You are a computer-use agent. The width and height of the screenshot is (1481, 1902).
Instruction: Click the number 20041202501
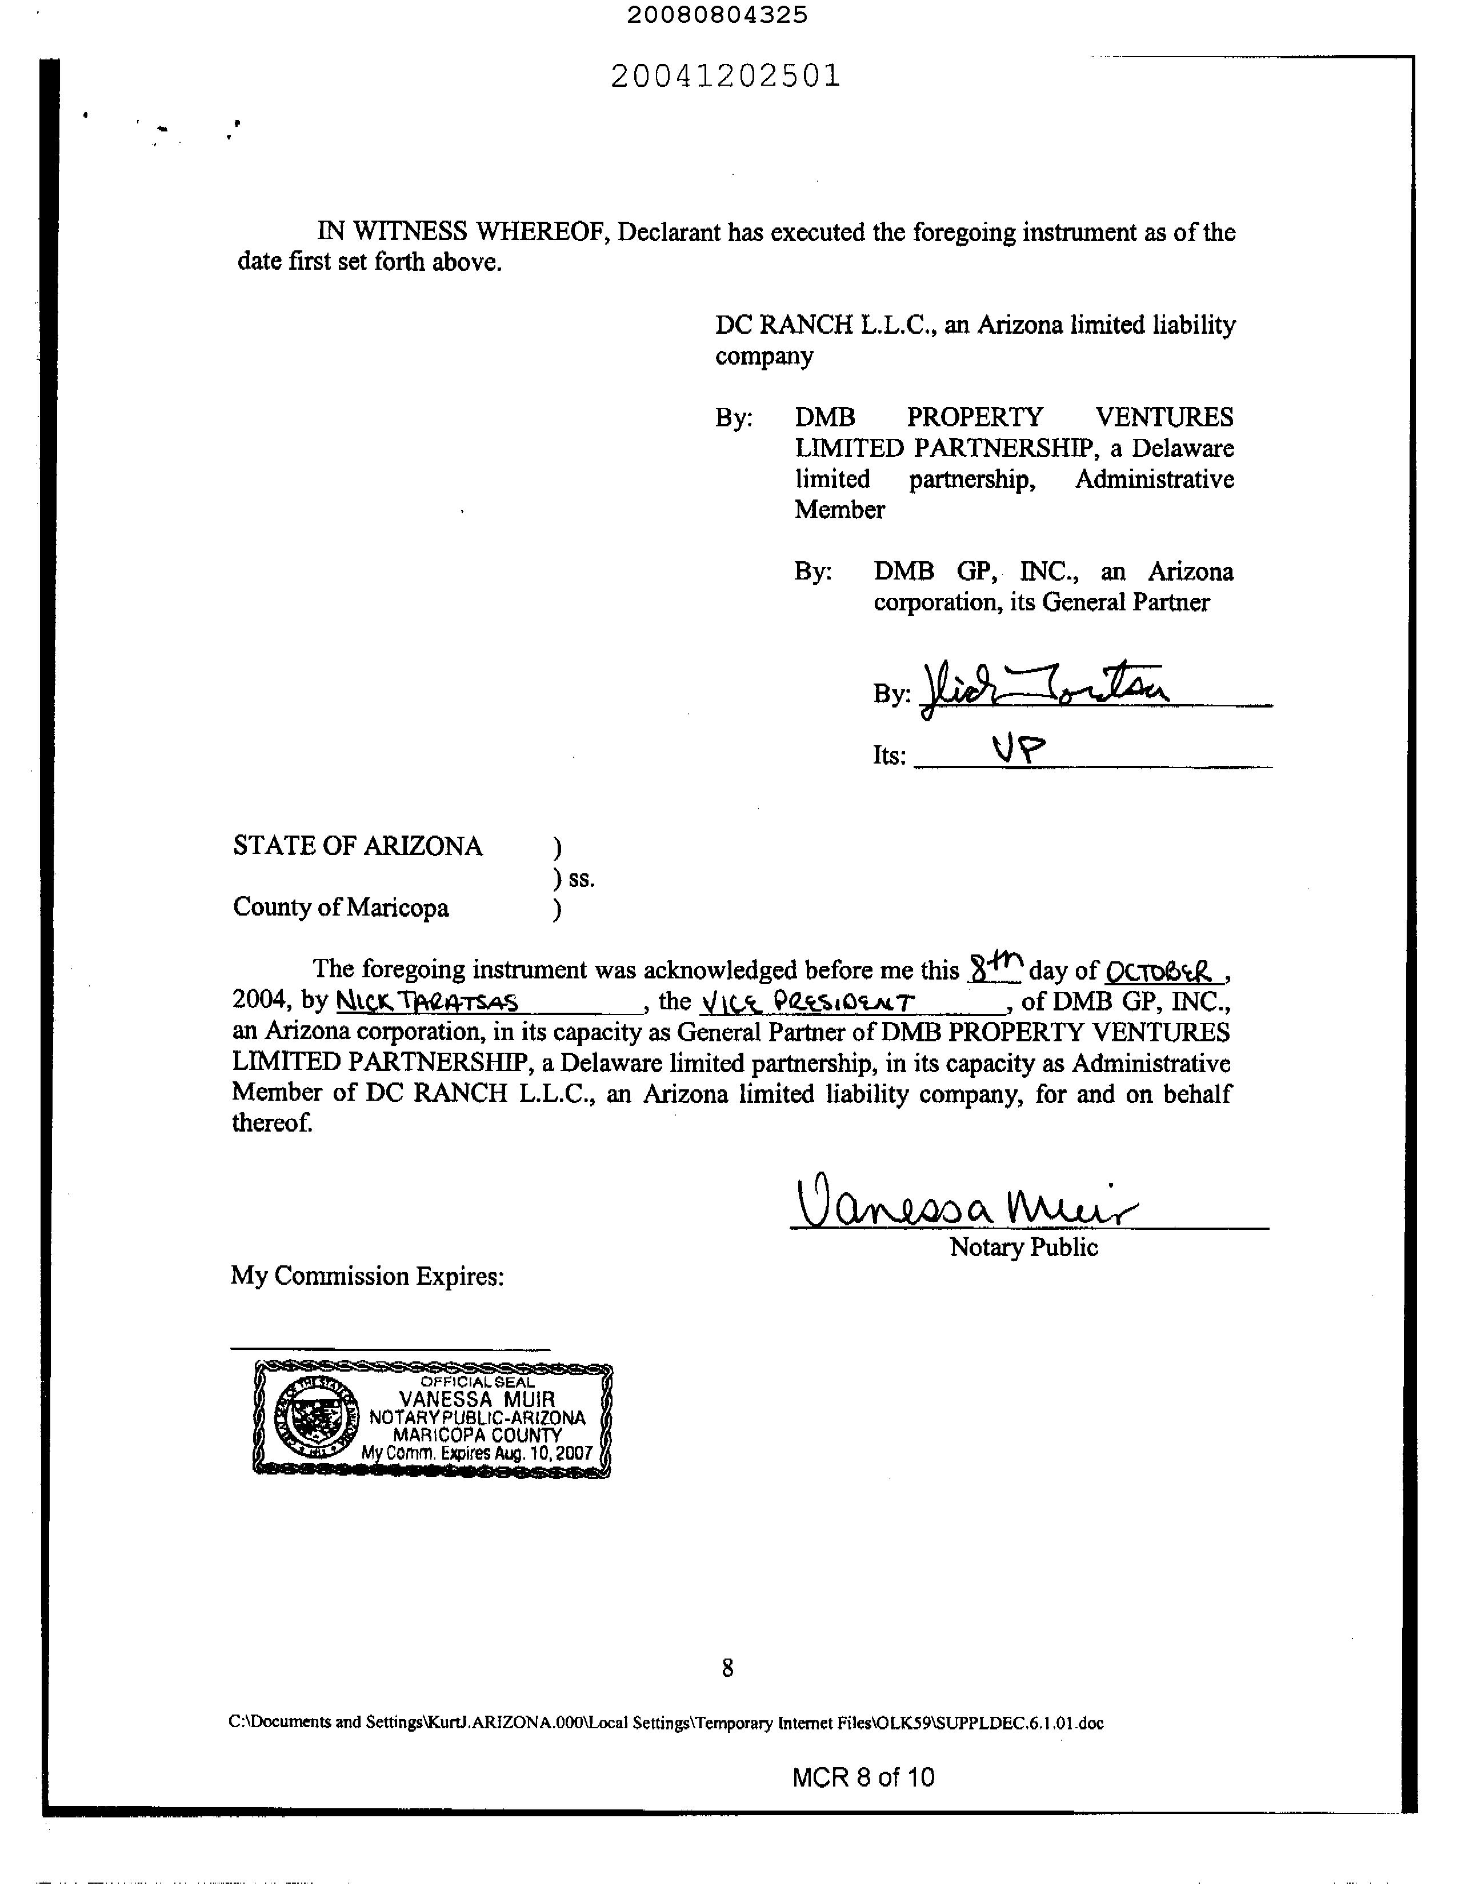(725, 77)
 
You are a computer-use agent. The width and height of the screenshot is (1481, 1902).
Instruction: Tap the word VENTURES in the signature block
(1164, 417)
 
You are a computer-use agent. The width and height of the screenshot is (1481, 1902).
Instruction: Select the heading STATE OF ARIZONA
(357, 846)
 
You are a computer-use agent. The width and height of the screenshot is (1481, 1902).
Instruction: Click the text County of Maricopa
(341, 908)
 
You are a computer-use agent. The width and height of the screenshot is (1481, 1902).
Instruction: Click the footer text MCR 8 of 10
(863, 1777)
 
